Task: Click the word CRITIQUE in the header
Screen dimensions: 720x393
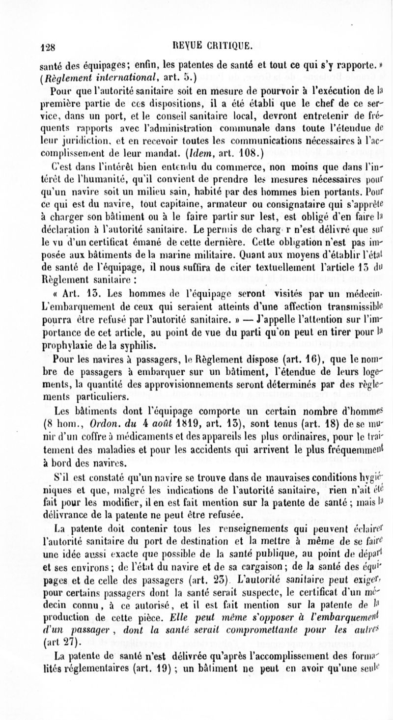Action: click(231, 47)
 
